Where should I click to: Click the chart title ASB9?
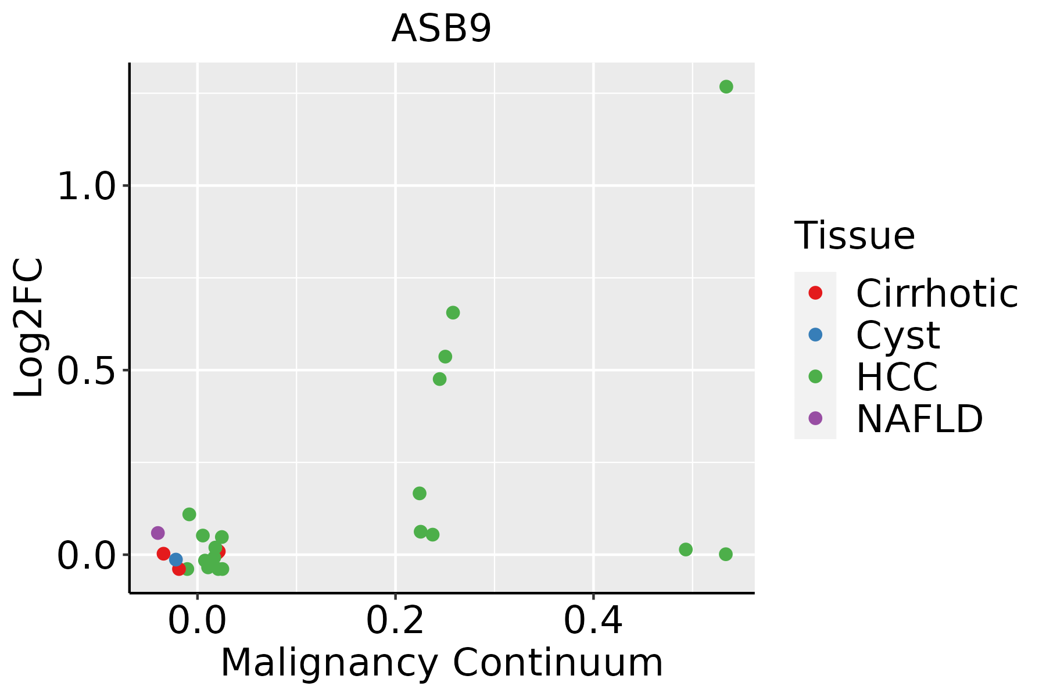point(442,29)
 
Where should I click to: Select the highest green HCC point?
point(726,87)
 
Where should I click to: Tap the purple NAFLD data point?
point(157,533)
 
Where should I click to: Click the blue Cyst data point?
point(175,559)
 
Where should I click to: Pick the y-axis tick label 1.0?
point(86,187)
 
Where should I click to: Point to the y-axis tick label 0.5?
point(86,371)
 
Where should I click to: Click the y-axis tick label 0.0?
point(86,555)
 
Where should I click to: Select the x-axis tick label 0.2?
point(395,621)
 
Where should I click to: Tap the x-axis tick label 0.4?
point(593,621)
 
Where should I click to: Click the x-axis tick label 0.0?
point(197,621)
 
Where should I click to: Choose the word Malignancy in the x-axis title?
point(329,663)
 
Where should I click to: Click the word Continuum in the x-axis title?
point(558,663)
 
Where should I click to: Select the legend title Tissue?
point(854,236)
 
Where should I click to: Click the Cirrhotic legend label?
point(937,293)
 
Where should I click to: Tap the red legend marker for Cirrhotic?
point(815,293)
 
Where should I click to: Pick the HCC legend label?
point(897,377)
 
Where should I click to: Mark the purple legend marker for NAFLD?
point(815,418)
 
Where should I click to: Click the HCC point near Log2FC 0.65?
point(453,312)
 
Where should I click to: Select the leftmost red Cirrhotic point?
point(163,553)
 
